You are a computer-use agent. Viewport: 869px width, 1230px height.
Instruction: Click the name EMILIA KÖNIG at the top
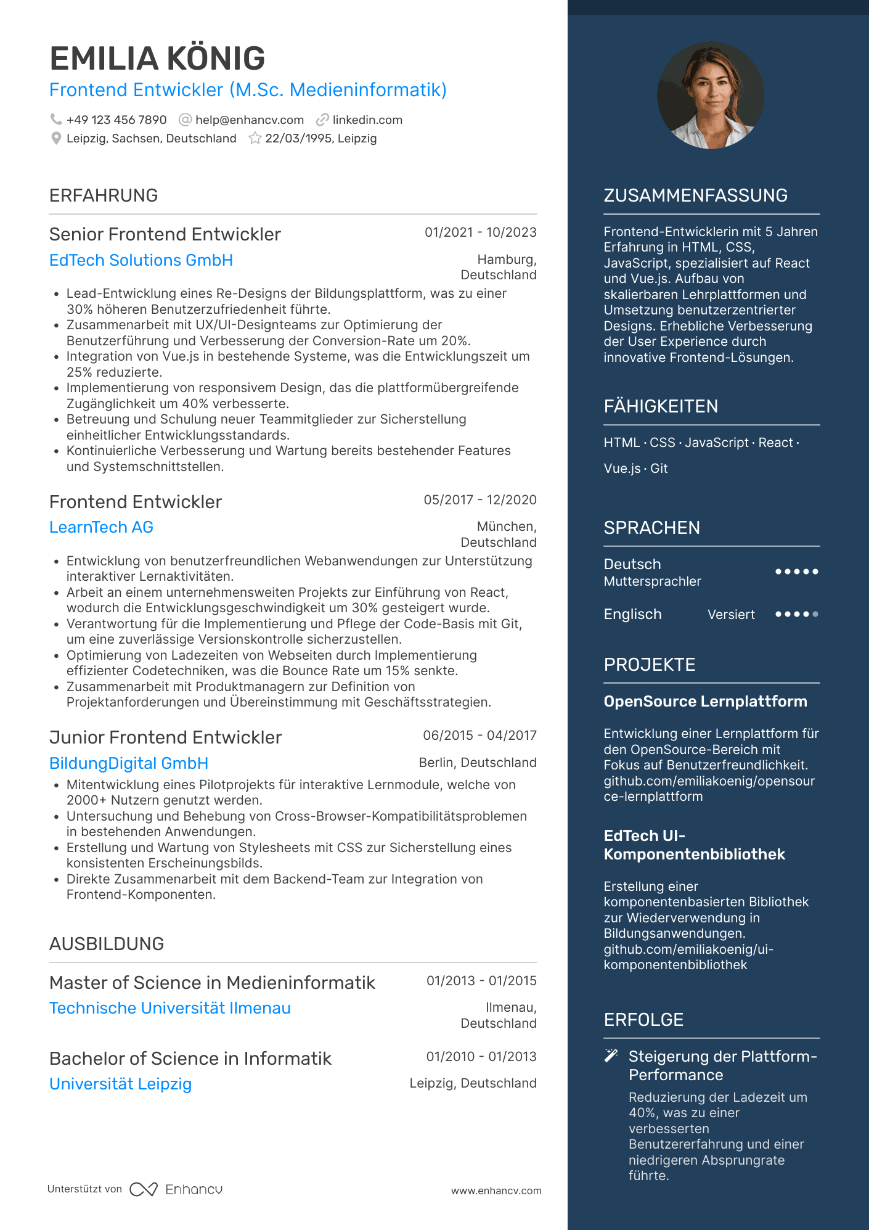click(x=157, y=59)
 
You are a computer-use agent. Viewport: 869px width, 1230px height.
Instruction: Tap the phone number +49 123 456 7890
click(x=116, y=120)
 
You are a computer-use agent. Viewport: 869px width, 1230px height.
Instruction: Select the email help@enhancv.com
click(x=249, y=120)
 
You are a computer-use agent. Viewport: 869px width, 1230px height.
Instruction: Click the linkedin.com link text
click(x=367, y=120)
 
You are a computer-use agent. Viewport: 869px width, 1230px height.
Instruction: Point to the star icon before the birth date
click(x=255, y=138)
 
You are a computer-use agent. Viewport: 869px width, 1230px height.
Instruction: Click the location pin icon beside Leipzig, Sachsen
click(x=56, y=138)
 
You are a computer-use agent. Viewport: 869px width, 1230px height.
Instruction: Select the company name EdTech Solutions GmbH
click(x=141, y=260)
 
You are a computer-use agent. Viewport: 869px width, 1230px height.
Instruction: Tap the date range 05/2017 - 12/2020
click(x=480, y=500)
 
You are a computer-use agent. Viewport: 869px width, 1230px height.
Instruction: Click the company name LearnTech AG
click(x=101, y=527)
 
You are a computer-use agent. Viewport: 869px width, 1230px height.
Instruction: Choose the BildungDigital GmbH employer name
click(x=129, y=763)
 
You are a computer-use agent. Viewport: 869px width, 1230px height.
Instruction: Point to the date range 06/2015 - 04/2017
click(x=479, y=736)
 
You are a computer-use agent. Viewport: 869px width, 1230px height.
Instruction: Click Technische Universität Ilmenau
click(x=170, y=1008)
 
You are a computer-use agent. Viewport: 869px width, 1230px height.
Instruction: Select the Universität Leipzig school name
click(x=121, y=1084)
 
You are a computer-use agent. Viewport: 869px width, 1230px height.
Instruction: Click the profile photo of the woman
click(x=711, y=95)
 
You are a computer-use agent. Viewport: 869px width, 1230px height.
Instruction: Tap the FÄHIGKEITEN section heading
click(x=661, y=406)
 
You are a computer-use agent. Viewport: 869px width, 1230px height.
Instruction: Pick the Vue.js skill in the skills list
click(x=622, y=469)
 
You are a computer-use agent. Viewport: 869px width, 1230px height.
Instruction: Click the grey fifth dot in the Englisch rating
click(x=815, y=614)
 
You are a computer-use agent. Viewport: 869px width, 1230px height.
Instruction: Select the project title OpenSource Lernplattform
click(x=705, y=702)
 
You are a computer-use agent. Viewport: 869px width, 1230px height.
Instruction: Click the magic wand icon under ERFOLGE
click(x=611, y=1056)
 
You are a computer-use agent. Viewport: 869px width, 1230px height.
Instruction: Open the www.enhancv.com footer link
click(x=496, y=1191)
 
